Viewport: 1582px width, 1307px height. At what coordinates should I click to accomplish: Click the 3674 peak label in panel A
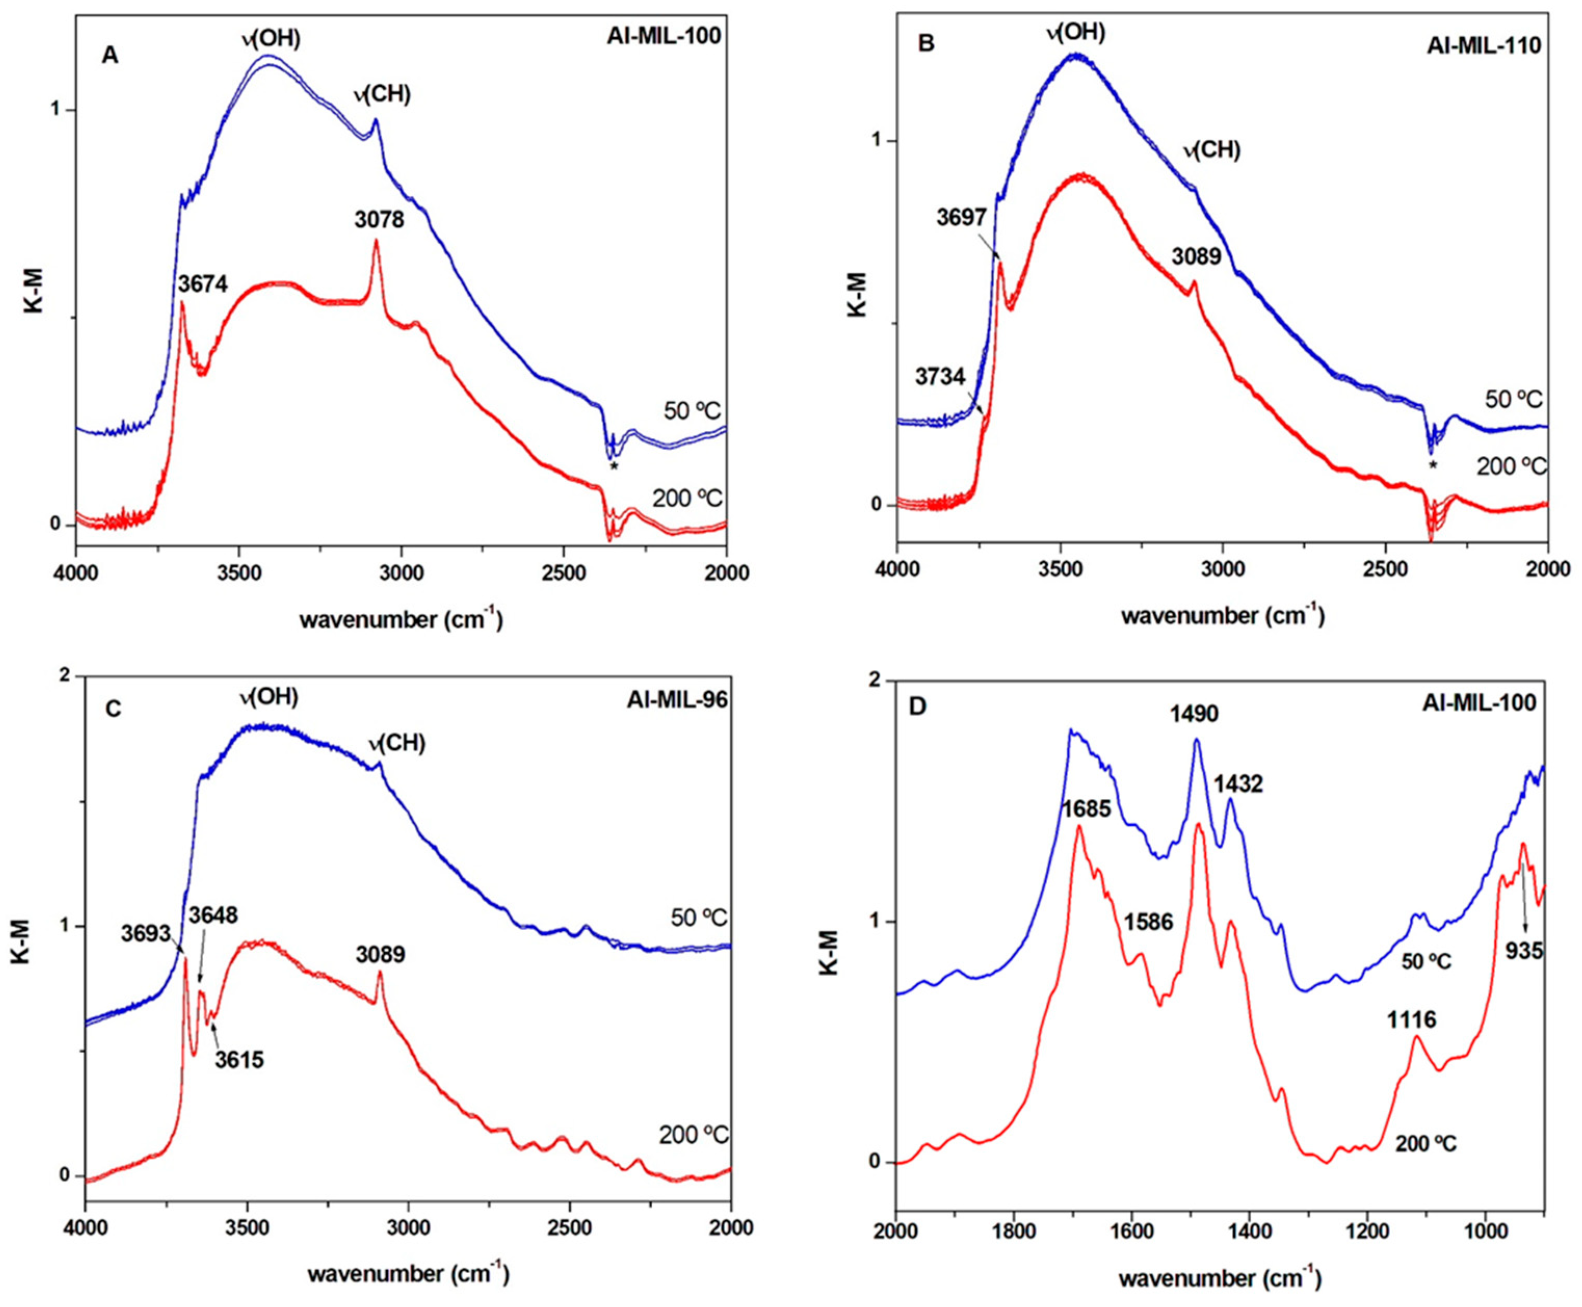(x=203, y=283)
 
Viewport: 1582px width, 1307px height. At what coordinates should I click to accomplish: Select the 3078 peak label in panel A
(x=379, y=220)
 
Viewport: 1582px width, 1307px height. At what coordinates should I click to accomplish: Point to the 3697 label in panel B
(x=961, y=218)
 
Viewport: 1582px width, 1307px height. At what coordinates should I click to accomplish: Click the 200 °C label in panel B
(x=1510, y=467)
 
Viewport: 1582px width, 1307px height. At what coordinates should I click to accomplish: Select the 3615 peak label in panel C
(x=239, y=1060)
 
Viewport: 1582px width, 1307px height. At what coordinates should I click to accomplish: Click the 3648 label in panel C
(x=213, y=916)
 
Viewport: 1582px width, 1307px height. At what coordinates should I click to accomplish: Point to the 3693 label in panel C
(x=146, y=933)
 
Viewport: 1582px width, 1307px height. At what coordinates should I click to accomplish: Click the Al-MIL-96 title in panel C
(x=677, y=700)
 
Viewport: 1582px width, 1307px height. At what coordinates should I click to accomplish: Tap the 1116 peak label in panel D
(x=1411, y=1020)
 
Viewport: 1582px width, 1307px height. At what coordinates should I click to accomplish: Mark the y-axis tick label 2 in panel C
(x=65, y=676)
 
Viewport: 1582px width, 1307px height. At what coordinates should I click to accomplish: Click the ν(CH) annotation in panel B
(x=1211, y=151)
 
